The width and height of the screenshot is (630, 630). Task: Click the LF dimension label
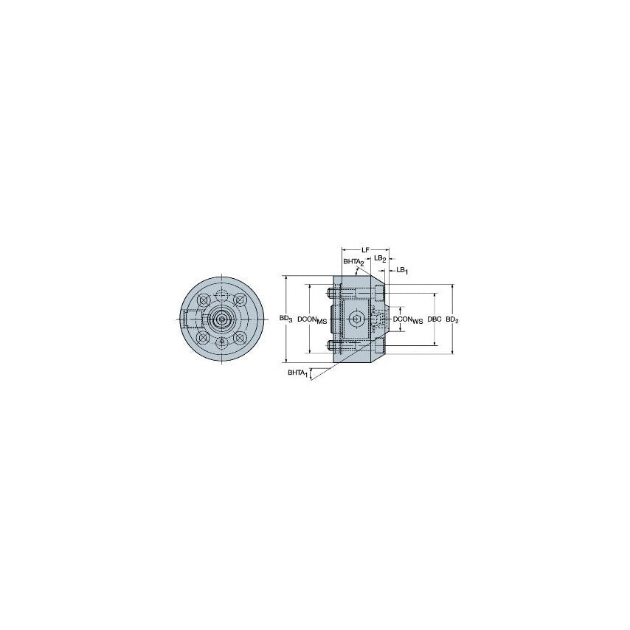coord(365,250)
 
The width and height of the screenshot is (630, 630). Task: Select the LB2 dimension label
coord(379,258)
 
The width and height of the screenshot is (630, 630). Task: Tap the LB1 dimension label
coord(402,270)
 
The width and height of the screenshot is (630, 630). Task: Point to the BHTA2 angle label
coord(353,263)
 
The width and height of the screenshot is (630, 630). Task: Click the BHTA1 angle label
coord(298,374)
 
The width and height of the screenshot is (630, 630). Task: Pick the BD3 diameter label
coord(286,319)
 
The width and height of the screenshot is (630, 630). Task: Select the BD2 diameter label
coord(452,319)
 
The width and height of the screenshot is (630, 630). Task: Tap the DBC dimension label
coord(435,319)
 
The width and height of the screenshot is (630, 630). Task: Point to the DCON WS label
coord(408,319)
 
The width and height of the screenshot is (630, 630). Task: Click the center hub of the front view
coord(222,319)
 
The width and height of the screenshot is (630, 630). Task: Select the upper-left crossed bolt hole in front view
coord(203,300)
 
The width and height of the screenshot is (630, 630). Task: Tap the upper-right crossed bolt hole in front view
coord(240,300)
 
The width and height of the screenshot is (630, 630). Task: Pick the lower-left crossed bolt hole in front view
coord(203,338)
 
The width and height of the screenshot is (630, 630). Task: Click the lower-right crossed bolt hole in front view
coord(240,338)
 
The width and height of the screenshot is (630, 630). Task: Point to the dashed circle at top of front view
coord(222,296)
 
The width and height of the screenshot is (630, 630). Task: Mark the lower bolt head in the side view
coord(333,345)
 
